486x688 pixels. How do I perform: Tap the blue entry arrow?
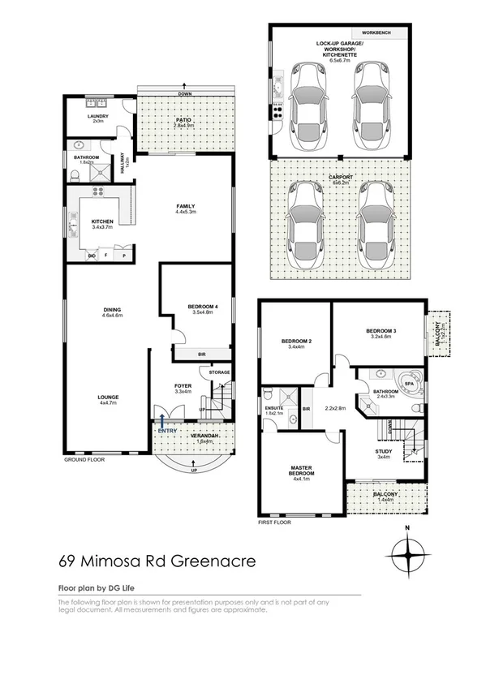pyautogui.click(x=164, y=420)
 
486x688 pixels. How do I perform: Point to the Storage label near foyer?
pyautogui.click(x=219, y=372)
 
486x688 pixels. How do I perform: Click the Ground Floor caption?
pyautogui.click(x=85, y=459)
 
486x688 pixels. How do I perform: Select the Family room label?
pyautogui.click(x=187, y=207)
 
